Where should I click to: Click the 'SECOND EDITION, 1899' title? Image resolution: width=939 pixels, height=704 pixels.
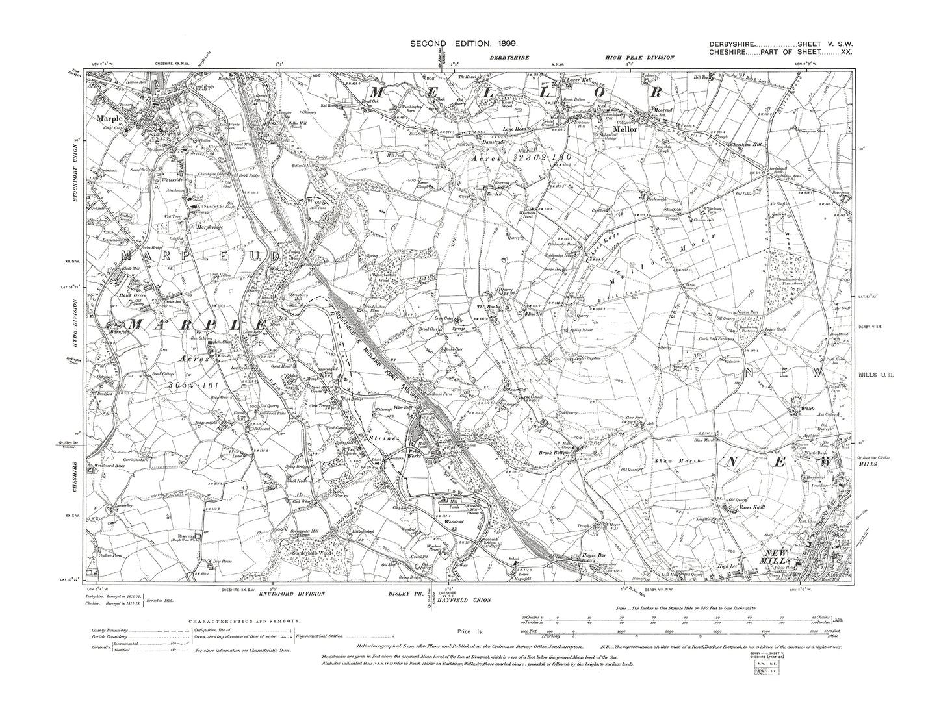click(x=463, y=43)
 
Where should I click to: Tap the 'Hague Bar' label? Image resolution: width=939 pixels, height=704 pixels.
click(x=574, y=557)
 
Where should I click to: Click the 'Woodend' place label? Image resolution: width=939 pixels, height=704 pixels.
click(x=448, y=521)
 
